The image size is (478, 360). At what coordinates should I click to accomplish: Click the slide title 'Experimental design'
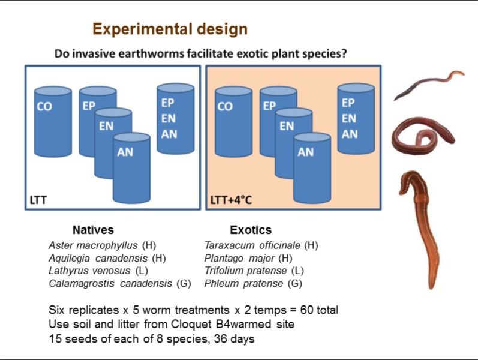pyautogui.click(x=170, y=29)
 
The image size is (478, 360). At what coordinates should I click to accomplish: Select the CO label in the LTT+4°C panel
pyautogui.click(x=224, y=107)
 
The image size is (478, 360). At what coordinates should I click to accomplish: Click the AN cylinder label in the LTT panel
pyautogui.click(x=125, y=152)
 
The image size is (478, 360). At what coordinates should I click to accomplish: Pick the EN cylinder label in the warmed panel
pyautogui.click(x=287, y=127)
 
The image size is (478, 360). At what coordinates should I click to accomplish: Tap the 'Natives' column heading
pyautogui.click(x=93, y=230)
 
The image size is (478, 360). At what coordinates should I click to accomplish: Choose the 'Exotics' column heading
pyautogui.click(x=251, y=230)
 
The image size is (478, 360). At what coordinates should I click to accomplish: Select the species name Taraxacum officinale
pyautogui.click(x=252, y=245)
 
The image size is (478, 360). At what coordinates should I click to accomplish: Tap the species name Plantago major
pyautogui.click(x=239, y=258)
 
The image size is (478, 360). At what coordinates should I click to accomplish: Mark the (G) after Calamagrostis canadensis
pyautogui.click(x=184, y=283)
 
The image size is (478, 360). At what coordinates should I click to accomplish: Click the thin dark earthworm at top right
pyautogui.click(x=427, y=85)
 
